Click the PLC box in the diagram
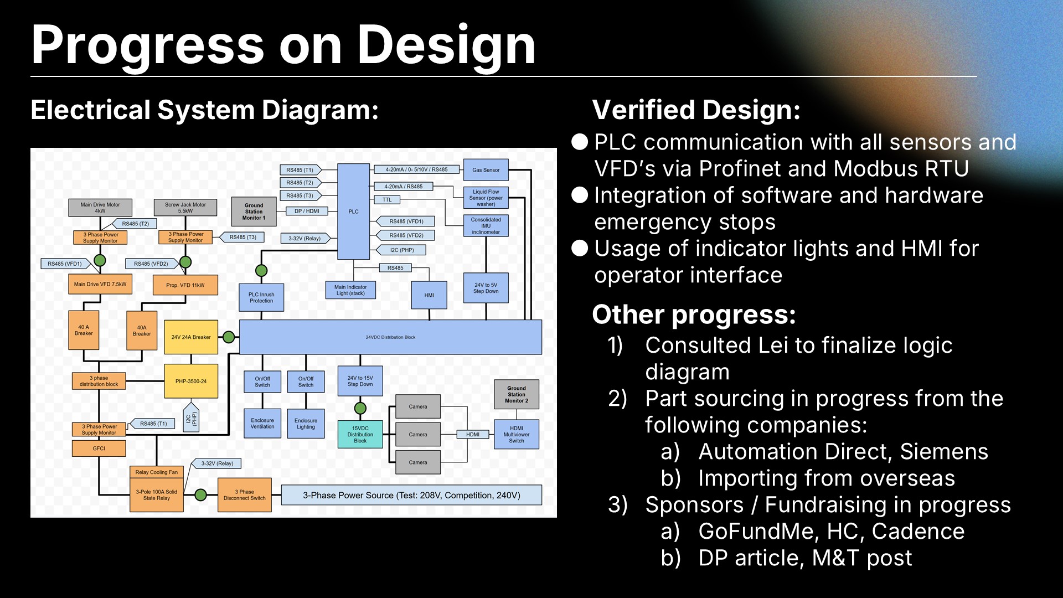click(x=353, y=212)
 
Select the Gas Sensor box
click(x=486, y=170)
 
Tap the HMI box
click(x=429, y=295)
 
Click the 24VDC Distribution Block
click(x=390, y=337)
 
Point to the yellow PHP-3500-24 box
click(x=191, y=381)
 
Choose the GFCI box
click(x=99, y=448)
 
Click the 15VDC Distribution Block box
click(x=360, y=435)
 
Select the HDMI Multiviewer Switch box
click(x=516, y=435)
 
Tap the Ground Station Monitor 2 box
click(x=516, y=394)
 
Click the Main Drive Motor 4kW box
click(x=100, y=208)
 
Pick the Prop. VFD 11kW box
click(x=185, y=285)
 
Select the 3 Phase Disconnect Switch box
click(x=245, y=495)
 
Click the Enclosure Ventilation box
click(x=262, y=424)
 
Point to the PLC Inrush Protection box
click(x=261, y=298)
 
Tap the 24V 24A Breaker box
click(x=191, y=337)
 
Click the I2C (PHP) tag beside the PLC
click(x=403, y=250)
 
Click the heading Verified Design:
click(x=696, y=110)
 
